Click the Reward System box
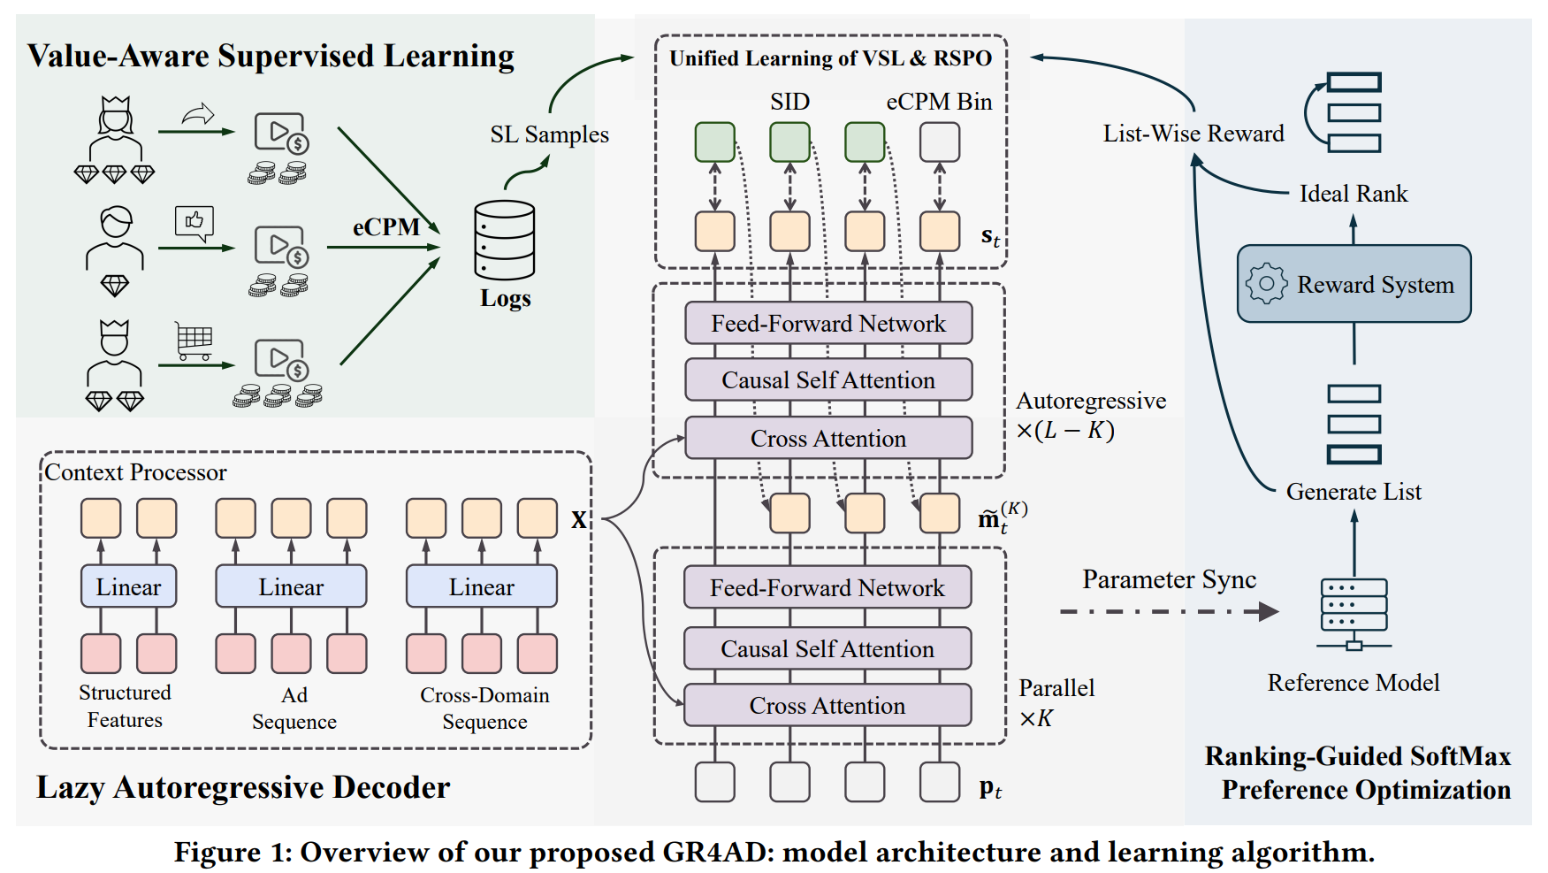click(1354, 284)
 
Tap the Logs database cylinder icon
click(504, 240)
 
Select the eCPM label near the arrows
click(386, 227)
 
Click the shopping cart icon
click(194, 341)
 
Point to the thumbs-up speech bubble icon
click(194, 222)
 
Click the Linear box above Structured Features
click(128, 586)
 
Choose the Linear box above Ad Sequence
click(291, 586)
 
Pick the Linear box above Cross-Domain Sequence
click(481, 586)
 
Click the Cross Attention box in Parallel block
click(827, 705)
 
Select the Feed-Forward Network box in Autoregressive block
click(828, 323)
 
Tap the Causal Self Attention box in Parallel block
click(827, 648)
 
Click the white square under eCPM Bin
click(940, 142)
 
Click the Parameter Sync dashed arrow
click(1167, 611)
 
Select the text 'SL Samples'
click(549, 134)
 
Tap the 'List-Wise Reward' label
click(1193, 134)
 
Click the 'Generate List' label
click(1354, 492)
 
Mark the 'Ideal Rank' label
click(1353, 194)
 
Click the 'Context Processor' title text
click(135, 472)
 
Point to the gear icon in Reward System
click(1266, 284)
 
